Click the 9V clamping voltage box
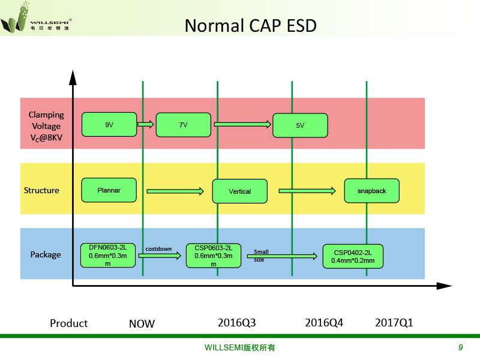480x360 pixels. click(x=109, y=124)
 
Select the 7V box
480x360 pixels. click(x=184, y=125)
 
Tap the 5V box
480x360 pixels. click(x=300, y=125)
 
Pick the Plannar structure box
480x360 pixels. click(x=109, y=190)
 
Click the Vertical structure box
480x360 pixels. click(x=239, y=191)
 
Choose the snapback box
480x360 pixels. click(x=371, y=191)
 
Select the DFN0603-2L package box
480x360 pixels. click(x=108, y=256)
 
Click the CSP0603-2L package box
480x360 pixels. click(x=214, y=256)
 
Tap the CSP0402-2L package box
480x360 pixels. click(x=353, y=256)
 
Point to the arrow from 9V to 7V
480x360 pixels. click(x=145, y=124)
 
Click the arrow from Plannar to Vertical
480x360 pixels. click(x=175, y=191)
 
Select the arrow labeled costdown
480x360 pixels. click(x=160, y=256)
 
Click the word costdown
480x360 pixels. click(x=158, y=249)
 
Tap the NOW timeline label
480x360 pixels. click(x=142, y=323)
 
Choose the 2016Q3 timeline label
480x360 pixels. click(x=236, y=323)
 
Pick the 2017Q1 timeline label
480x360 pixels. click(x=394, y=323)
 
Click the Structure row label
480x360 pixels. click(x=41, y=190)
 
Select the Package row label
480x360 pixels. click(x=46, y=254)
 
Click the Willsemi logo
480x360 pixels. click(x=36, y=17)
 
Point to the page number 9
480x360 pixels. click(x=460, y=347)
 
